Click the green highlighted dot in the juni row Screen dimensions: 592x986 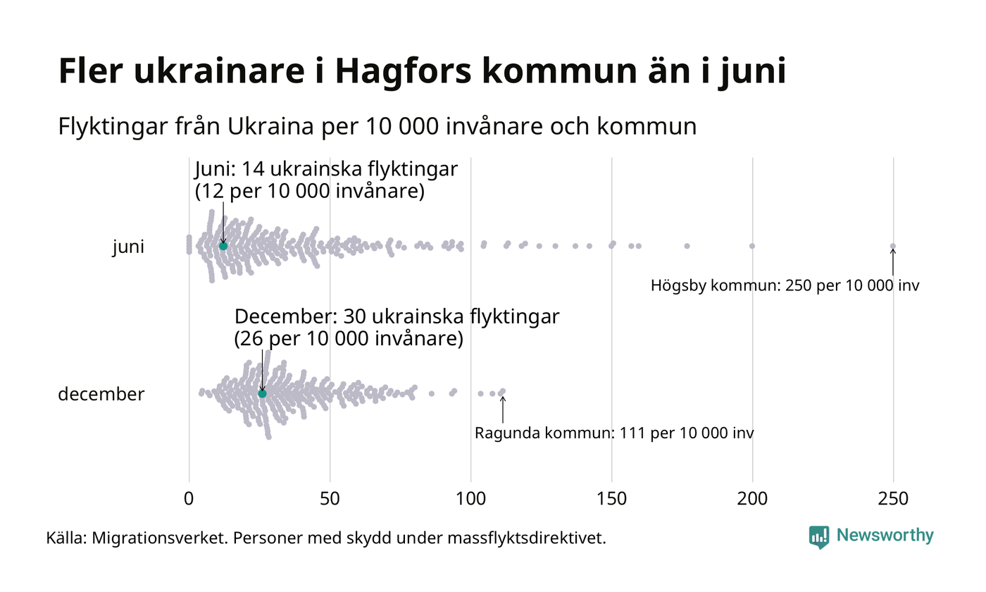223,246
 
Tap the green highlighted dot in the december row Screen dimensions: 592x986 262,393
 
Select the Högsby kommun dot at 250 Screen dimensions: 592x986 893,246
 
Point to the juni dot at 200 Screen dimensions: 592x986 752,246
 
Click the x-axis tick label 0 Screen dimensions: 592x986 189,499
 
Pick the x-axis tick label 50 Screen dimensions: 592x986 330,499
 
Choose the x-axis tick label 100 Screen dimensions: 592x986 470,499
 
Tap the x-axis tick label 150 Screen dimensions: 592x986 611,499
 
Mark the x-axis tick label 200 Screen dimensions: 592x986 752,499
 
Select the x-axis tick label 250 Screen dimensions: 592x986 893,499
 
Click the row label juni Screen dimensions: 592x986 128,247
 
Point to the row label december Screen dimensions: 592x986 101,394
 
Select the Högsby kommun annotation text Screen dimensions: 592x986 785,286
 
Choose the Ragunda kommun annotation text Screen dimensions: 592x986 614,433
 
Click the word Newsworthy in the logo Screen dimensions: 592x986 885,536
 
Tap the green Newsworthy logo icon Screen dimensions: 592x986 819,537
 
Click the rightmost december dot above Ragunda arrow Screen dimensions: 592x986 502,391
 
